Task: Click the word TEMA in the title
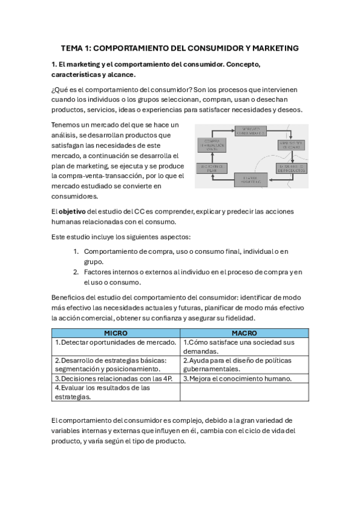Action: point(72,48)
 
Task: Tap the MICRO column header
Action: point(115,333)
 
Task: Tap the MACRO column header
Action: point(244,333)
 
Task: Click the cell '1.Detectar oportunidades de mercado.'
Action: point(115,342)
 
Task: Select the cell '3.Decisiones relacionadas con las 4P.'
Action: point(115,379)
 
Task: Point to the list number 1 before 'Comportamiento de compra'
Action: point(76,251)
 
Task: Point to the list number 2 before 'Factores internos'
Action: point(76,272)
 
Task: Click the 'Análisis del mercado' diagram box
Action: point(291,144)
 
